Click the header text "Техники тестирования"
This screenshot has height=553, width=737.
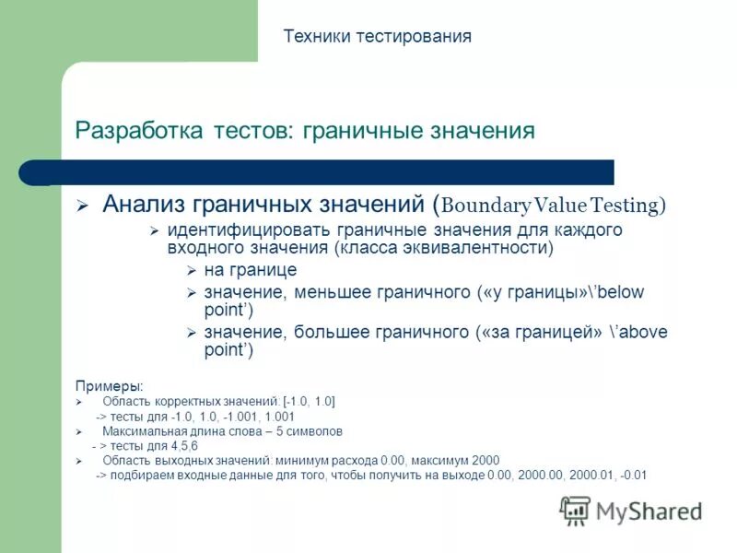[377, 36]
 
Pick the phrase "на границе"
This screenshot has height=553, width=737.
[250, 270]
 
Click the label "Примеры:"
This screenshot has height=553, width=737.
[109, 384]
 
